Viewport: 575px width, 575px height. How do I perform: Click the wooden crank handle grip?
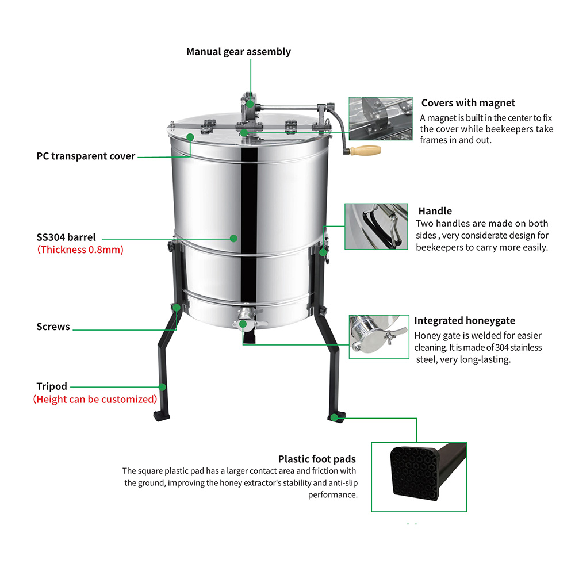point(363,151)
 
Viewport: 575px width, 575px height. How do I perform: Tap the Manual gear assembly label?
point(239,52)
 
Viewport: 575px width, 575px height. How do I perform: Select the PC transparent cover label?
point(86,156)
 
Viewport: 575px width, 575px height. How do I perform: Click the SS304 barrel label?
point(66,237)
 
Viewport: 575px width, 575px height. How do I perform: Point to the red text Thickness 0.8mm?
point(80,250)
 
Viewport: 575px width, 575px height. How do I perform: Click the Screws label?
point(53,327)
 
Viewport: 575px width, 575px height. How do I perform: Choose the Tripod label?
point(52,386)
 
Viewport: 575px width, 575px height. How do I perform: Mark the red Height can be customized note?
point(95,399)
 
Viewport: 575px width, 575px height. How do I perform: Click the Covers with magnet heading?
point(468,103)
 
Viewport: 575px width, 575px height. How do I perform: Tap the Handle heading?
point(435,211)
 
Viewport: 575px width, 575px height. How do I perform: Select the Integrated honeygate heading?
point(465,321)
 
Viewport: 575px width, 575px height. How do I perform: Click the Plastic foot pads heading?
point(317,459)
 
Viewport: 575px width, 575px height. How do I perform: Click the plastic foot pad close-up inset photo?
point(419,477)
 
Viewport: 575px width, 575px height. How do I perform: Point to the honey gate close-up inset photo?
point(378,336)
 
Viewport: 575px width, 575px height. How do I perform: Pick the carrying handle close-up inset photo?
point(376,227)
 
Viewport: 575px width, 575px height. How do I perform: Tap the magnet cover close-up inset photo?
point(380,118)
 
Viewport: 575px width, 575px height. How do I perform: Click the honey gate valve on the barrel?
point(244,317)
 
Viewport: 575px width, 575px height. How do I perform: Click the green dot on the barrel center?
point(233,237)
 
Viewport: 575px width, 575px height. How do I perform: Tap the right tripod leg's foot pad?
point(335,416)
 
